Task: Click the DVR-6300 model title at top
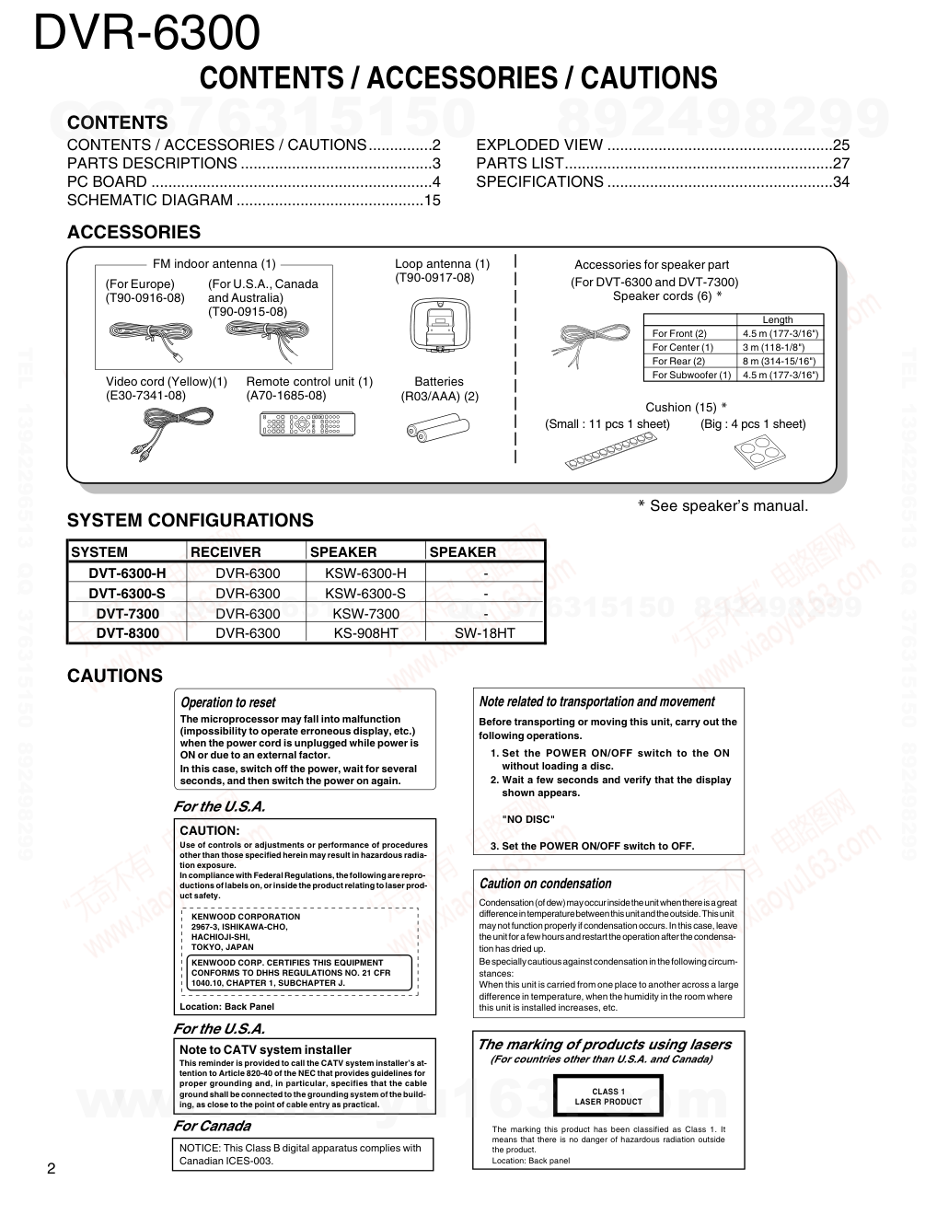tap(147, 33)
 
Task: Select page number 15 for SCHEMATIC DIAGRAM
tap(432, 200)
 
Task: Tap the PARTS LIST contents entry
tap(519, 163)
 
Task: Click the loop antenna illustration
tap(441, 325)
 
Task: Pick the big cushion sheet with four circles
tap(760, 450)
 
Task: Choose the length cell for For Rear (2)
tap(780, 361)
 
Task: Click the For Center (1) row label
tap(682, 347)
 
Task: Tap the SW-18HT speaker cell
tap(485, 633)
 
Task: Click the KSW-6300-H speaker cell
tap(365, 573)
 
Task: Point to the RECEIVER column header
tap(226, 552)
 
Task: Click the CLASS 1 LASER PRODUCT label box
tap(607, 1096)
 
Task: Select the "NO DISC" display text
tap(528, 819)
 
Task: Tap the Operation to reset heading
tap(227, 702)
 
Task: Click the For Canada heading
tap(212, 1126)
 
